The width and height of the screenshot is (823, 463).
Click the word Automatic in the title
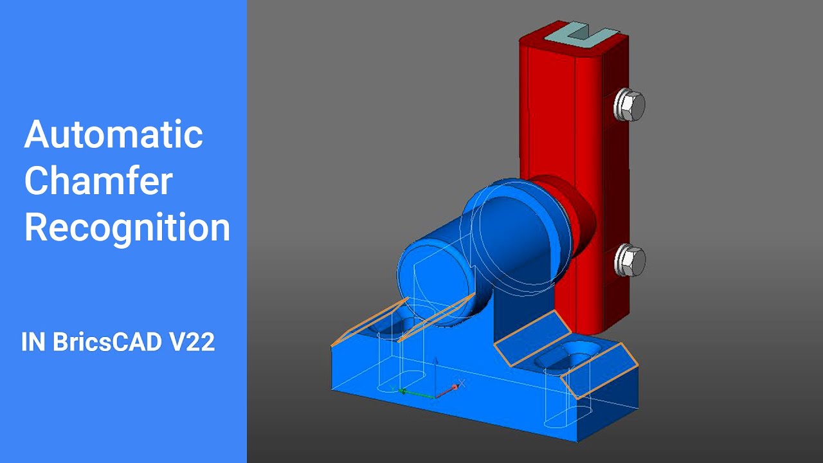point(114,134)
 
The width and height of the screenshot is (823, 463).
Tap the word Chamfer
point(98,181)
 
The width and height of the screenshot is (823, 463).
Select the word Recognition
point(127,227)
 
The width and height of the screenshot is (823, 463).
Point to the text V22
point(192,343)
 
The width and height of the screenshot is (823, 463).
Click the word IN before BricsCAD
point(32,343)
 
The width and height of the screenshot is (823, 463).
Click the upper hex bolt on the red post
point(629,105)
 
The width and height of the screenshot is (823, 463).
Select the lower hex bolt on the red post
point(629,260)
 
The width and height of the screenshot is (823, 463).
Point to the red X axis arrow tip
point(456,386)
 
